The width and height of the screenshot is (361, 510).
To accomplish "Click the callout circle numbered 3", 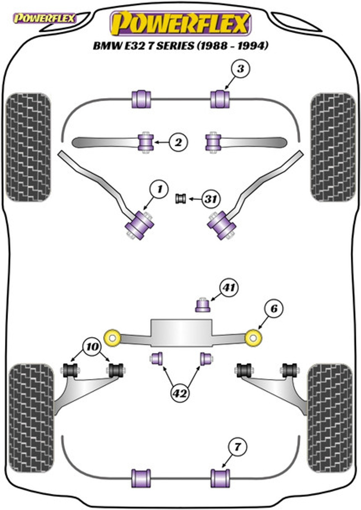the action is (241, 68).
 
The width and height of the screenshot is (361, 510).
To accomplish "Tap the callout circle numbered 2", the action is (178, 142).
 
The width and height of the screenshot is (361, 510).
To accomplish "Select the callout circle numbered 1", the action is (159, 189).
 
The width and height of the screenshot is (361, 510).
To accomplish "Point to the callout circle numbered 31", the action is (211, 199).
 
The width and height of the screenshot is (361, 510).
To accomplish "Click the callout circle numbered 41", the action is (229, 288).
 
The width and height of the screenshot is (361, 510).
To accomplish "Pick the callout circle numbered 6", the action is (274, 309).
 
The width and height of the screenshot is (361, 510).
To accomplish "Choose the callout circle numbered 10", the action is (92, 347).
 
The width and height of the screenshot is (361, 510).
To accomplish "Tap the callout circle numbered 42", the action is (180, 393).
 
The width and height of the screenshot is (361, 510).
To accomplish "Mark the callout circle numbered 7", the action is (237, 447).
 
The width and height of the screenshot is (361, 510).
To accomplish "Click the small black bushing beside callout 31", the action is (180, 199).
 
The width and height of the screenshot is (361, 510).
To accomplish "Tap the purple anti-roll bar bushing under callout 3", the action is (220, 99).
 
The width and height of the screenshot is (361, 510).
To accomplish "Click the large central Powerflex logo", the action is (181, 24).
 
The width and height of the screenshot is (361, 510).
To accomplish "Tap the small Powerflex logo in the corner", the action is (45, 18).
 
